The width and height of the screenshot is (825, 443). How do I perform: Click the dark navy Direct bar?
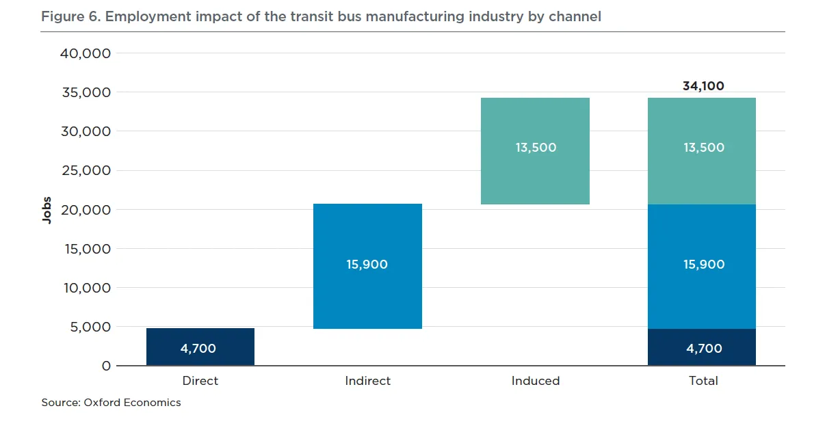click(x=200, y=347)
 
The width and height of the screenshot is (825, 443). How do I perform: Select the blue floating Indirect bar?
click(x=367, y=266)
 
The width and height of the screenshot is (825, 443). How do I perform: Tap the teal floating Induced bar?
click(x=535, y=151)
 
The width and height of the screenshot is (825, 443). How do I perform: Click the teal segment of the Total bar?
click(x=702, y=151)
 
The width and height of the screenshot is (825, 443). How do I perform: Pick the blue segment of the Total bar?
click(x=702, y=267)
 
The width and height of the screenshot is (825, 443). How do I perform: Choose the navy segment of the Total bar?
click(x=702, y=347)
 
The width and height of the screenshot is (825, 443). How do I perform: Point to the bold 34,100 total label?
click(x=703, y=86)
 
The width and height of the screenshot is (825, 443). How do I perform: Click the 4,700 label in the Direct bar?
click(x=198, y=349)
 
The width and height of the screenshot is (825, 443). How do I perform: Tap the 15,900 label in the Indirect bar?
click(x=367, y=265)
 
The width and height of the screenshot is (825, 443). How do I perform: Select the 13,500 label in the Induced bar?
click(x=536, y=148)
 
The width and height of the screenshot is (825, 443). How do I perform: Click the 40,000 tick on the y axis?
click(x=86, y=54)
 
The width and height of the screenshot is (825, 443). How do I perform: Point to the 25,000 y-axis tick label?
click(x=86, y=171)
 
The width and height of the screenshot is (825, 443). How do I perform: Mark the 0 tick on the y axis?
click(x=106, y=366)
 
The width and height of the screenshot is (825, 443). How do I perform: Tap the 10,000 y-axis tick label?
click(x=88, y=288)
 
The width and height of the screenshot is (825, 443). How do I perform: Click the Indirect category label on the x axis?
click(x=367, y=381)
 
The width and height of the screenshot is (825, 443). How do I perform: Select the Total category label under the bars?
click(x=703, y=381)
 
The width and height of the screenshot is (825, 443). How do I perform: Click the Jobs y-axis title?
click(x=47, y=210)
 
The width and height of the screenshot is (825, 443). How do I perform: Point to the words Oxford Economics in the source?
click(x=132, y=403)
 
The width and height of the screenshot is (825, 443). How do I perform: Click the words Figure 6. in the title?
click(x=70, y=16)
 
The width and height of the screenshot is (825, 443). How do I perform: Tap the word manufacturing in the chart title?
click(x=415, y=16)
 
